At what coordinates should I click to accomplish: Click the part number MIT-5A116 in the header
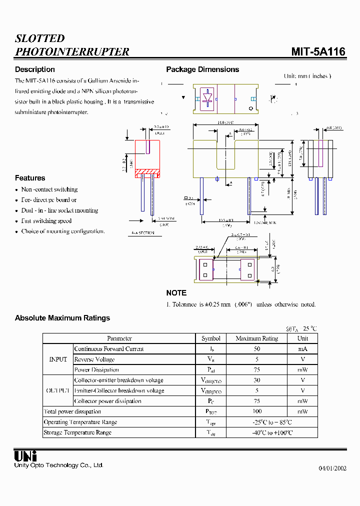[x=318, y=52]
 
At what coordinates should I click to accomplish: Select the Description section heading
[x=34, y=69]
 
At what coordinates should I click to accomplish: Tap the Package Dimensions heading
[x=202, y=69]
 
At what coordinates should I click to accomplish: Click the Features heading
[x=30, y=178]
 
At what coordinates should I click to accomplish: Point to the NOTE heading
[x=176, y=293]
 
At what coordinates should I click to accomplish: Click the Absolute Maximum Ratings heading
[x=62, y=318]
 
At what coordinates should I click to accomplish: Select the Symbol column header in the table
[x=211, y=338]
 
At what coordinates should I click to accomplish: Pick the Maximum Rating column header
[x=256, y=338]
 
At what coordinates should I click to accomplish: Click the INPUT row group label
[x=58, y=359]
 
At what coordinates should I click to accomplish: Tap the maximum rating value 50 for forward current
[x=256, y=349]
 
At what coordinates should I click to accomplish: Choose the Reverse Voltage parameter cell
[x=94, y=359]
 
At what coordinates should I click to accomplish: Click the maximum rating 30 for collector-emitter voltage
[x=256, y=380]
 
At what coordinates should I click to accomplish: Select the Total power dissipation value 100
[x=256, y=411]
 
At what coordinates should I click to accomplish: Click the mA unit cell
[x=302, y=349]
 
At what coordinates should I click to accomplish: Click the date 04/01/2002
[x=332, y=468]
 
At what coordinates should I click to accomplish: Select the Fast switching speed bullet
[x=46, y=221]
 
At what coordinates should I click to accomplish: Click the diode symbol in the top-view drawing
[x=207, y=98]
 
